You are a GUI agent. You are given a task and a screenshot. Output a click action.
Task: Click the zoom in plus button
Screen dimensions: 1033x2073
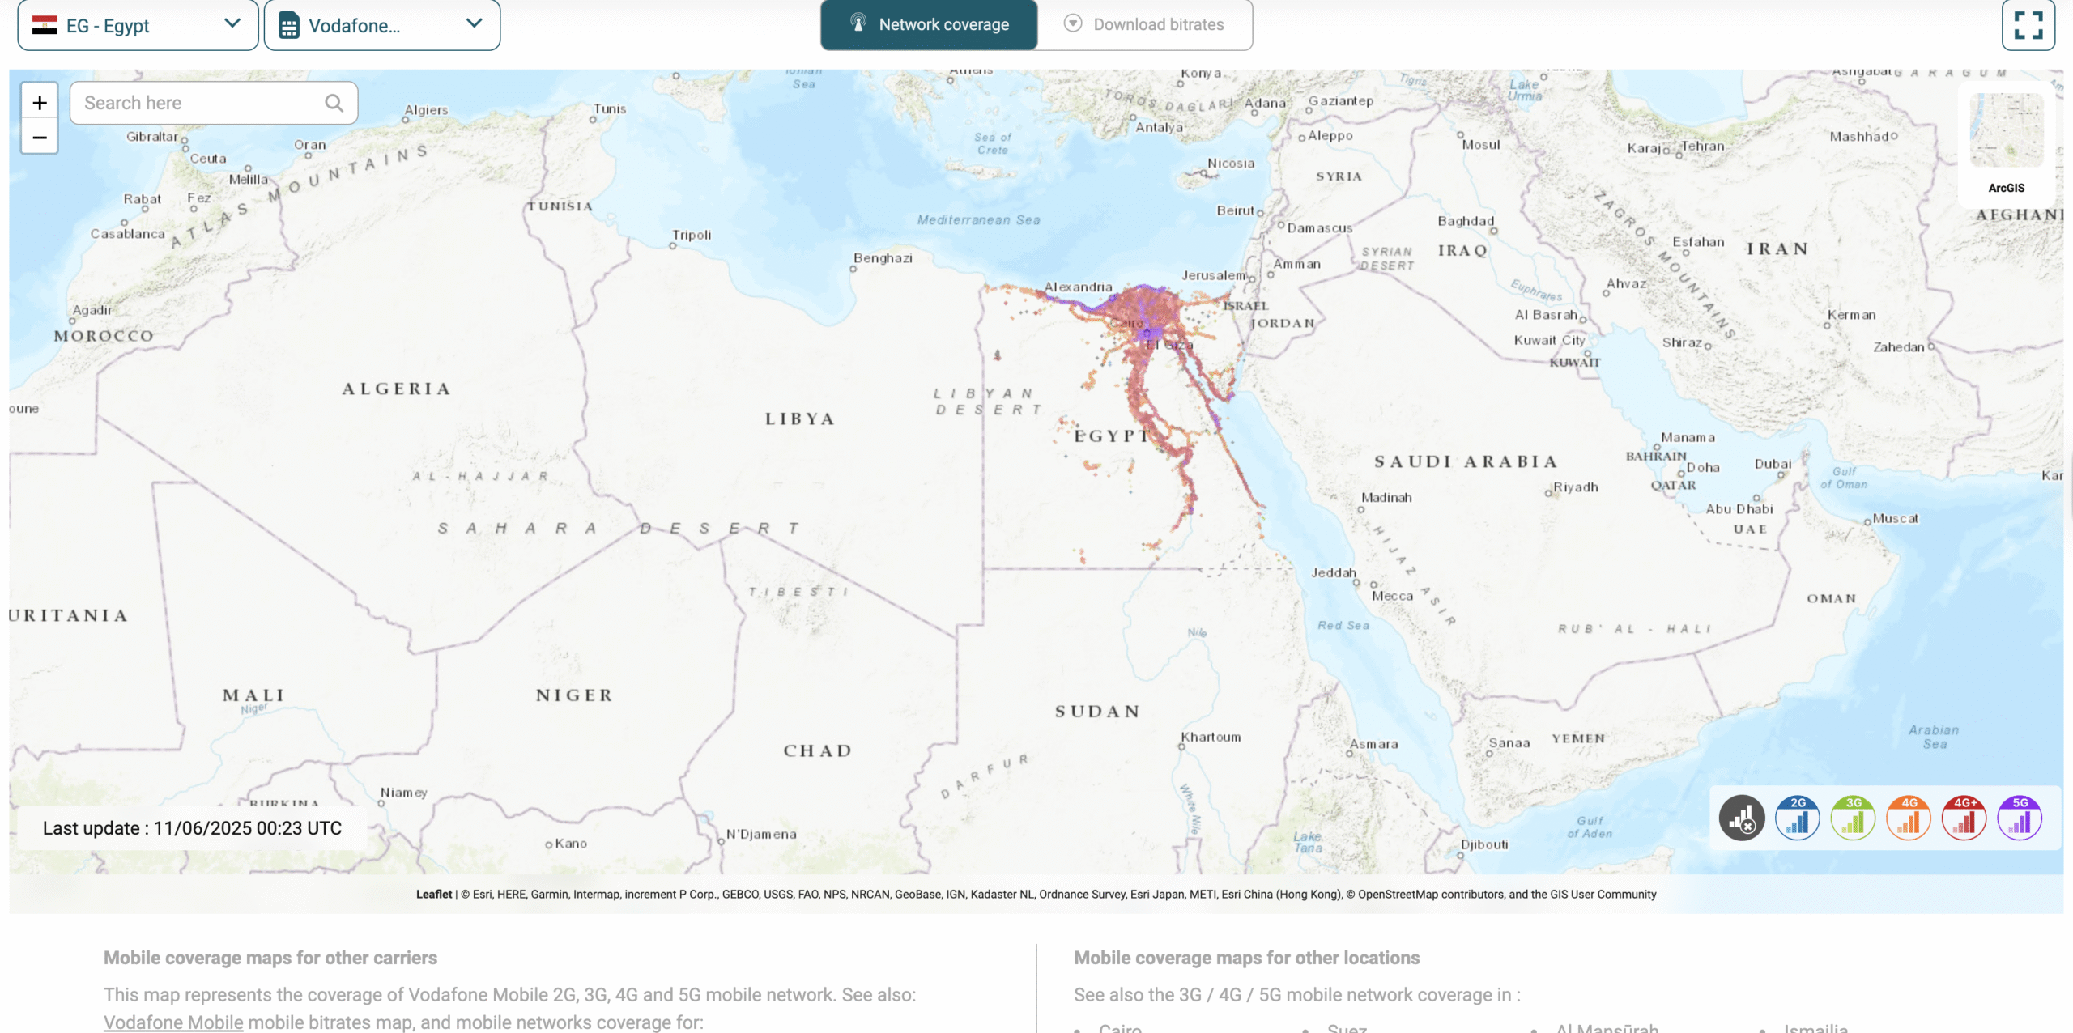(x=40, y=103)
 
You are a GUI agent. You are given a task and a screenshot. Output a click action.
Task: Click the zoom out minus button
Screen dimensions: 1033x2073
(x=40, y=138)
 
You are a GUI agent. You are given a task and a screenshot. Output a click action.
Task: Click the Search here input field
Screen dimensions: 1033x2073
(x=202, y=103)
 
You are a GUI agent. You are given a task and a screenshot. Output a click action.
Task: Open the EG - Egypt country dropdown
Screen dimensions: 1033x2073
(x=138, y=25)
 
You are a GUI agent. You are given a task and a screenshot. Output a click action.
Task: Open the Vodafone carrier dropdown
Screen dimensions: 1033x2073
(x=381, y=25)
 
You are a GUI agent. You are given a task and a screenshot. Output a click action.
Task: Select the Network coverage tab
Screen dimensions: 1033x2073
(x=929, y=24)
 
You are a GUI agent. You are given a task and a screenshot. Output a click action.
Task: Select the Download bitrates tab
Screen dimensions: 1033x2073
(x=1145, y=24)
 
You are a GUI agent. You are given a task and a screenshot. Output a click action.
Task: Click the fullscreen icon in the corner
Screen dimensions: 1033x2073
(x=2028, y=25)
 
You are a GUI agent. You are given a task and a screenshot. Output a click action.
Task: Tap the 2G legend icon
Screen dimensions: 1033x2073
(x=1797, y=818)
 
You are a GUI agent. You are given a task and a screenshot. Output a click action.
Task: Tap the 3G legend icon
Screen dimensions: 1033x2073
(x=1853, y=818)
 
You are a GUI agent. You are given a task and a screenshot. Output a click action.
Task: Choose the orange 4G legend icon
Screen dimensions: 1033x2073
(x=1909, y=818)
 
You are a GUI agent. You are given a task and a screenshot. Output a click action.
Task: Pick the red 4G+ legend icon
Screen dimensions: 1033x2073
(x=1964, y=818)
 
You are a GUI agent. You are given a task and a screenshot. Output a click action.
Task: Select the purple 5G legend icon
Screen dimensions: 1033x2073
(x=2020, y=818)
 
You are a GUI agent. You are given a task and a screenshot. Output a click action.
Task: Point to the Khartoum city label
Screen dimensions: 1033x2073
(x=1211, y=737)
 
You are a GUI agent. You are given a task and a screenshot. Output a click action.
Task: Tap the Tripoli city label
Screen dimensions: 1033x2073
(x=692, y=235)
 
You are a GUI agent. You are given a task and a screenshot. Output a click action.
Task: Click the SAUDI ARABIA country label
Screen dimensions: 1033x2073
(x=1466, y=461)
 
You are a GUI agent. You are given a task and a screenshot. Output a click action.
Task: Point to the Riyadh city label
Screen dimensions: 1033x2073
(x=1575, y=487)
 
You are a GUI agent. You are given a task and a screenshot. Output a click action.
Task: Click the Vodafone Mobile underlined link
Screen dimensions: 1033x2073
(x=173, y=1022)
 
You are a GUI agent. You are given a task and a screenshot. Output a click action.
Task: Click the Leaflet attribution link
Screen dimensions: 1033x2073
(x=434, y=894)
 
